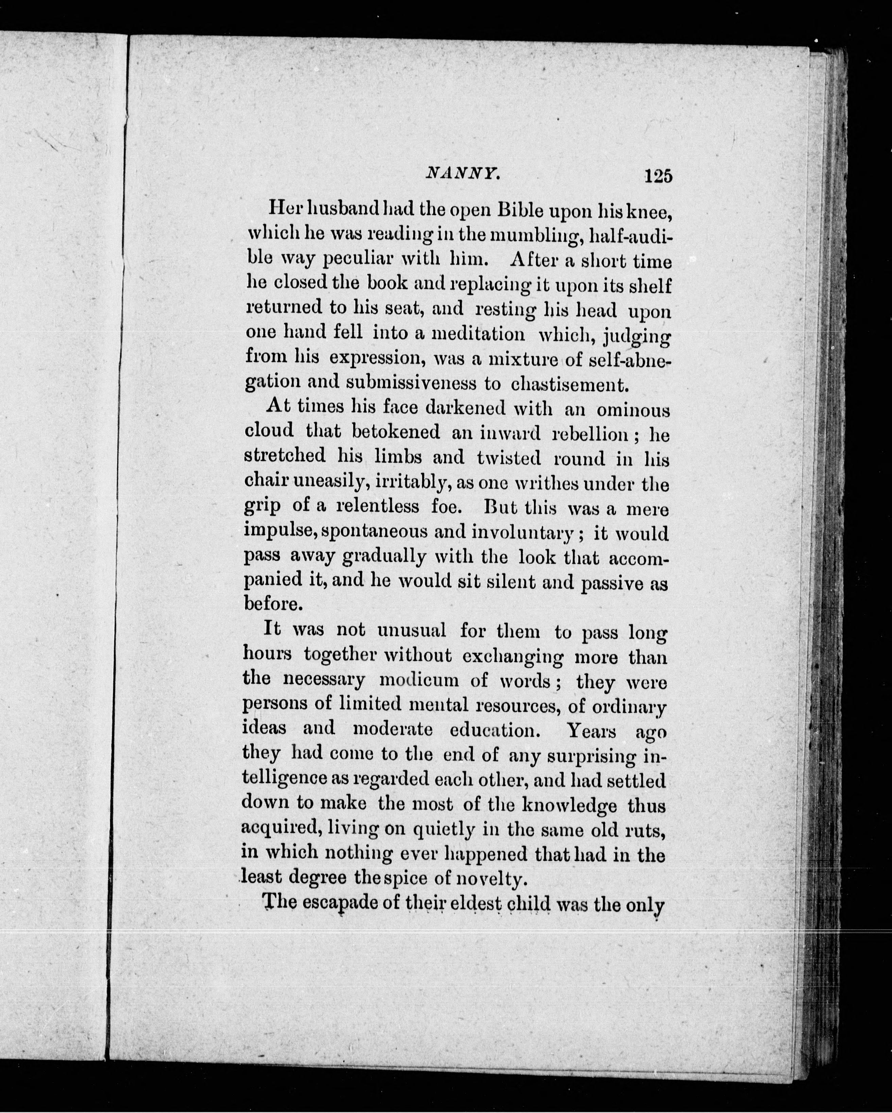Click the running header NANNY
[462, 175]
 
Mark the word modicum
[418, 680]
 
